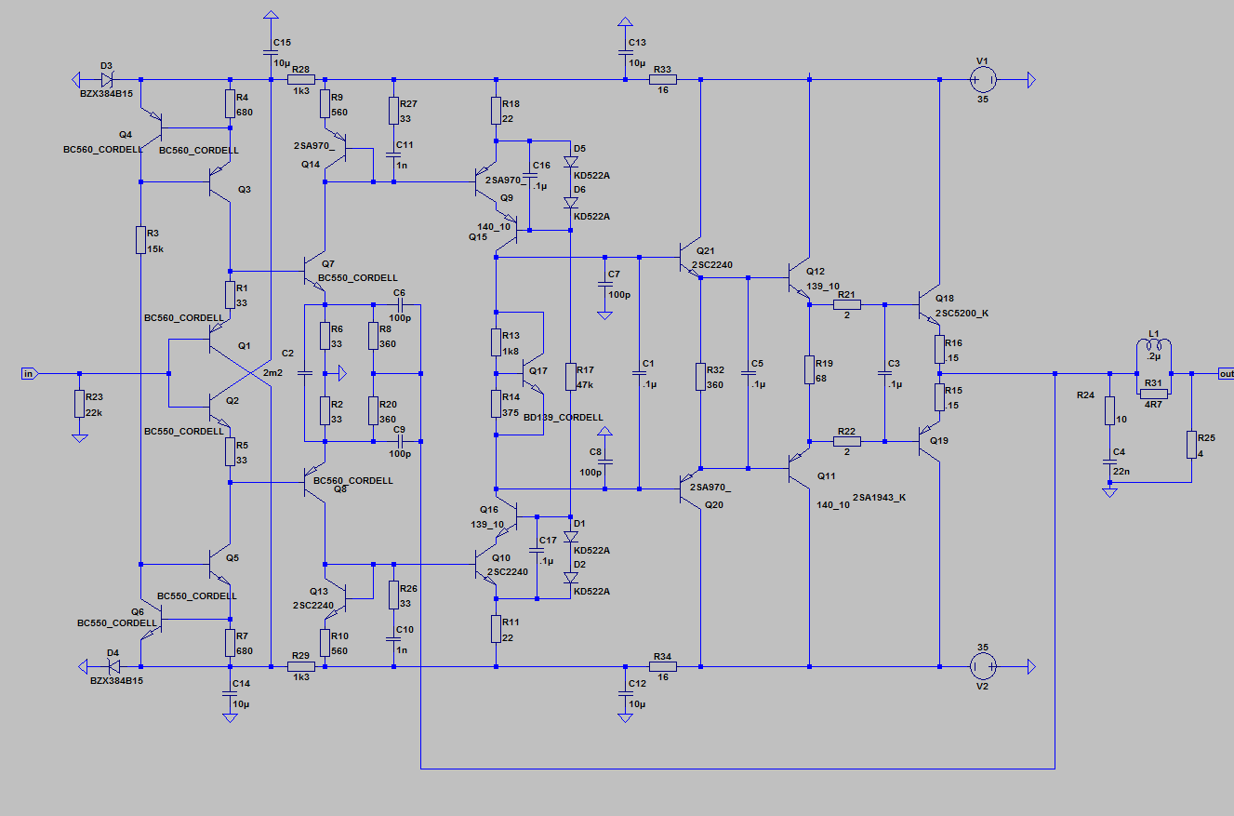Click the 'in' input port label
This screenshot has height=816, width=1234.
point(29,373)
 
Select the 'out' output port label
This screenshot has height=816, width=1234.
point(1225,373)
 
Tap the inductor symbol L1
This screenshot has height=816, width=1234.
point(1153,346)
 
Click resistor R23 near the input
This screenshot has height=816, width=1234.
point(79,403)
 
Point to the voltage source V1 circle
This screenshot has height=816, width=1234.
point(984,80)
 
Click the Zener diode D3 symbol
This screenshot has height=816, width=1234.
point(107,80)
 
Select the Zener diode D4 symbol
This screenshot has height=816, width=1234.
point(113,666)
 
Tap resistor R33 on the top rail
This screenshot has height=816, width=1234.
point(662,80)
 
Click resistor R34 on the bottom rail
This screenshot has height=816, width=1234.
point(662,666)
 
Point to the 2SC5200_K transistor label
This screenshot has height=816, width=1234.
point(962,313)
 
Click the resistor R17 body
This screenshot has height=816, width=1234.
point(570,376)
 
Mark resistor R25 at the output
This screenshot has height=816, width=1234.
point(1191,444)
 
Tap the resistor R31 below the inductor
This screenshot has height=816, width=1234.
point(1153,394)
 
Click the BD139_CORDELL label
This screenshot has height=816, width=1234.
point(564,417)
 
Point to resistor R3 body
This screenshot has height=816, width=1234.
point(139,239)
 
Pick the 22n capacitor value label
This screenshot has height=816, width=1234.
point(1121,471)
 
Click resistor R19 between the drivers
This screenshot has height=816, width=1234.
point(809,369)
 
